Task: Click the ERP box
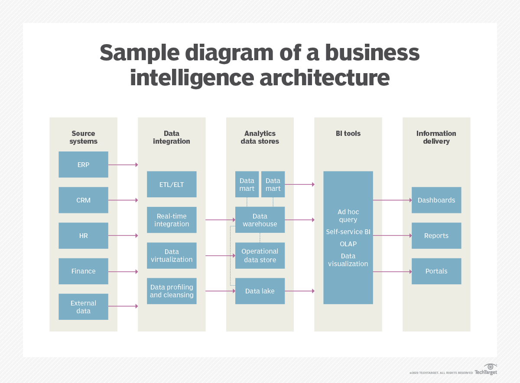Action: tap(83, 164)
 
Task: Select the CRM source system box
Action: tap(83, 200)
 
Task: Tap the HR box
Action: tap(83, 235)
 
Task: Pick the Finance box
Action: tap(83, 271)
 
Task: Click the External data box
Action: tap(83, 307)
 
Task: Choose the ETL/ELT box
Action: tap(172, 184)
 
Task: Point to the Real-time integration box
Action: tap(172, 220)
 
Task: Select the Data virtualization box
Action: tap(172, 255)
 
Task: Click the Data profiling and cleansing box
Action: tap(172, 291)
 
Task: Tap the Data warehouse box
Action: tap(260, 220)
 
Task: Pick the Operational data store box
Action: tap(260, 255)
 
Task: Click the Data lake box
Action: tap(260, 291)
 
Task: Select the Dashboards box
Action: tap(436, 200)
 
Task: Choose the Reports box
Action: tap(436, 235)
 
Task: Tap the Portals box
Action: tap(436, 271)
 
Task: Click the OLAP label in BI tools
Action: tap(348, 244)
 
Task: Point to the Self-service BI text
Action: tap(348, 232)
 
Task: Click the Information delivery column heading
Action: tap(436, 137)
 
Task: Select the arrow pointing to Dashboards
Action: tap(392, 200)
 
